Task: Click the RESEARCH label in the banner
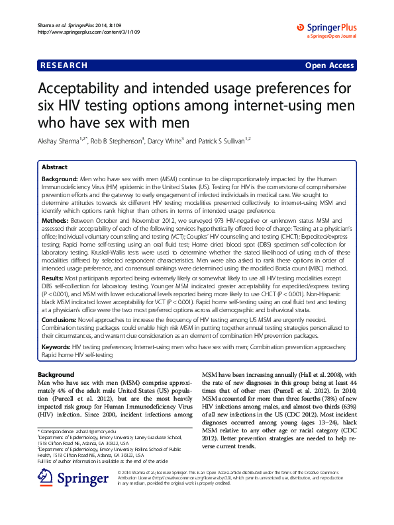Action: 64,65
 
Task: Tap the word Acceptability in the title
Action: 85,89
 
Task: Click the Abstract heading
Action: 55,167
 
